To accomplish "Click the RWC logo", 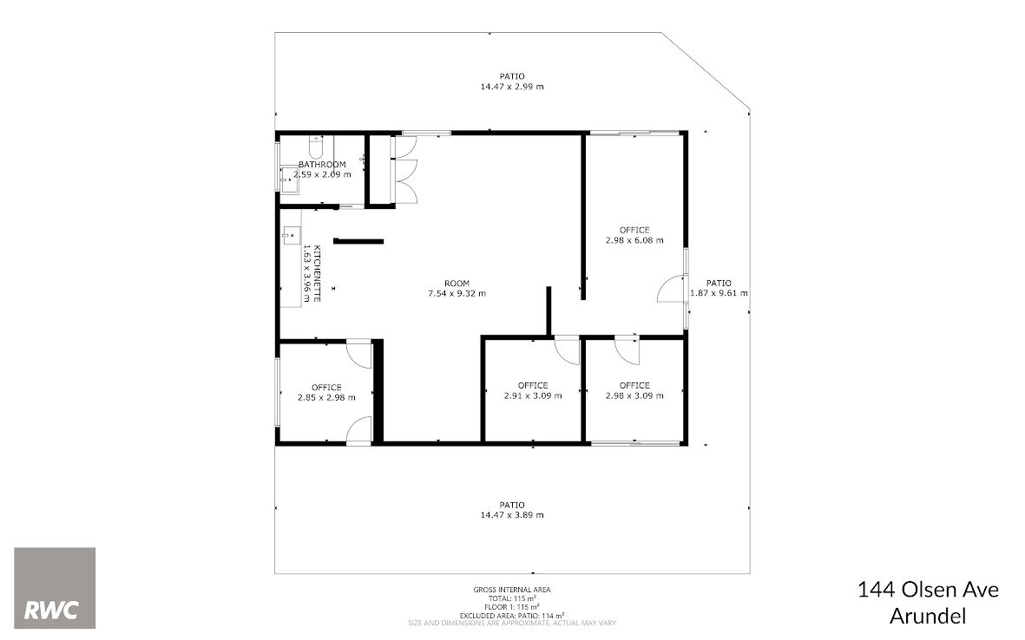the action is click(55, 588).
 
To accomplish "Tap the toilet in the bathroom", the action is click(317, 147).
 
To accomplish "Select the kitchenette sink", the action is click(292, 235).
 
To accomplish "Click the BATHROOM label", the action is click(322, 165).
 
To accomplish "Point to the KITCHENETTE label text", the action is click(317, 273).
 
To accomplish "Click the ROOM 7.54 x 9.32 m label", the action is click(457, 289).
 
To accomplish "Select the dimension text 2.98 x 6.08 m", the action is click(634, 240).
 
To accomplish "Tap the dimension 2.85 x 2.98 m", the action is click(327, 398).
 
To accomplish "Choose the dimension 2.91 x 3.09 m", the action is click(533, 395).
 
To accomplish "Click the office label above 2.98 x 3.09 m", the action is click(634, 385).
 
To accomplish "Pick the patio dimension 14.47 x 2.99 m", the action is click(512, 86).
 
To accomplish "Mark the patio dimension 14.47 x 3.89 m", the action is click(512, 514).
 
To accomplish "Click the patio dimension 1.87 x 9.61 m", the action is click(719, 293).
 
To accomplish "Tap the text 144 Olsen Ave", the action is click(929, 590).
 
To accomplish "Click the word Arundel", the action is click(929, 616).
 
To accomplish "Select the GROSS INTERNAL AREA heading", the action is click(512, 590).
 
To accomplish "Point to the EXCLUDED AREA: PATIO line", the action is click(512, 615).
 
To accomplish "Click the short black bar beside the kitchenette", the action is click(358, 241).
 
